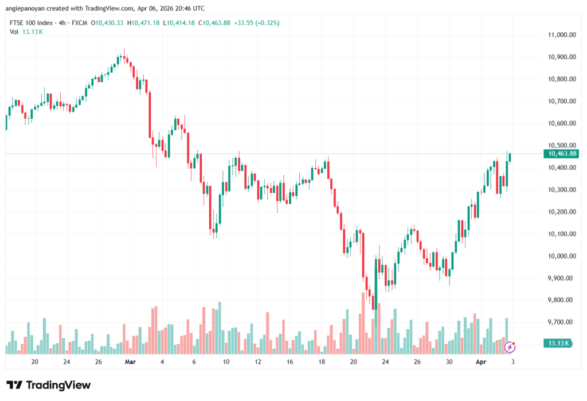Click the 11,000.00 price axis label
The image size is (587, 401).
[562, 35]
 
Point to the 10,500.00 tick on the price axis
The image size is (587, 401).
[562, 146]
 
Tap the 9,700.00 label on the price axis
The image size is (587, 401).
[562, 322]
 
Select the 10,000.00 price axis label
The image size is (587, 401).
[562, 256]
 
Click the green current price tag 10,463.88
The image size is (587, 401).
[562, 154]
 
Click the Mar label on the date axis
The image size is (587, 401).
[130, 362]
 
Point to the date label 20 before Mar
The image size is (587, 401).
[34, 362]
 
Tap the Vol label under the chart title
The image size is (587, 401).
[14, 32]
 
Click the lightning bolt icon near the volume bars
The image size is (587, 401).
[510, 347]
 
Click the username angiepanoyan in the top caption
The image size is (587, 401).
[26, 9]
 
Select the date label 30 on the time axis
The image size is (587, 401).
[449, 362]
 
